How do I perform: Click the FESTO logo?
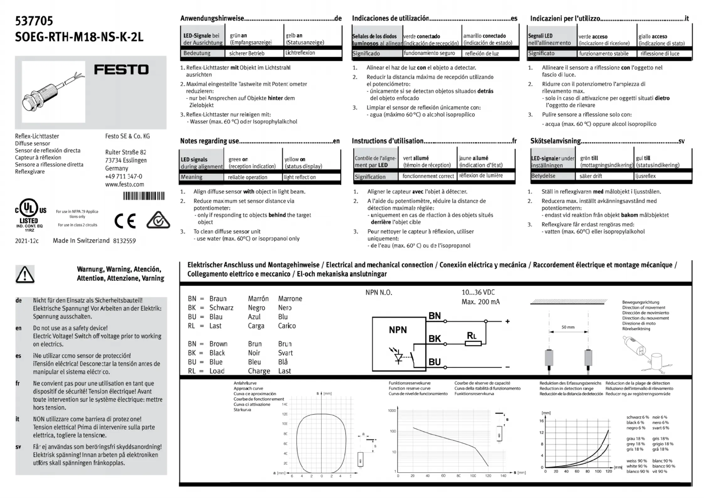[121, 69]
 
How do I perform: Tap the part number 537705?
[34, 21]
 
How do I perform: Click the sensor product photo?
[54, 92]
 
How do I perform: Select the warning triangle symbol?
[25, 274]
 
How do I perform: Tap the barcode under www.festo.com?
[144, 196]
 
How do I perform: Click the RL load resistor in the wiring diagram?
[473, 344]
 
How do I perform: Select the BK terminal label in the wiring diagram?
[435, 339]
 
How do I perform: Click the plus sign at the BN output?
[507, 321]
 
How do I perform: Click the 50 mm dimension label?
[568, 327]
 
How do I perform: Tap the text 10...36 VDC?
[478, 292]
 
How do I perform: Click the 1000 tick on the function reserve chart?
[392, 410]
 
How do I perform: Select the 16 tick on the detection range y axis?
[541, 421]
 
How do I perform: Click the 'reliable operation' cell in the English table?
[247, 177]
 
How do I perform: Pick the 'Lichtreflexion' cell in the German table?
[300, 53]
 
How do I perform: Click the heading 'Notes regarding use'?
[209, 141]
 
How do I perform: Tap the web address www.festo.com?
[124, 185]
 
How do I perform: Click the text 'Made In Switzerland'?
[81, 241]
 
